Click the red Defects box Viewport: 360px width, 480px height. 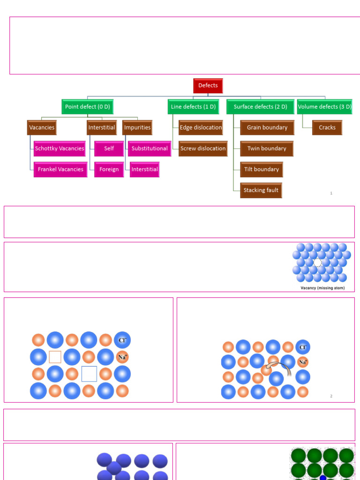click(x=208, y=86)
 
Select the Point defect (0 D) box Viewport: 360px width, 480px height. click(x=87, y=106)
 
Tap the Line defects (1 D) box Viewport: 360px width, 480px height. click(x=193, y=106)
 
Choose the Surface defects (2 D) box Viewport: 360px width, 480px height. click(x=260, y=106)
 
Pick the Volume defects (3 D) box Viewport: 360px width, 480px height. click(x=324, y=106)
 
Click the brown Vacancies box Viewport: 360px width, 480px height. click(x=42, y=127)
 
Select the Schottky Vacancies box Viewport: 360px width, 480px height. click(x=60, y=149)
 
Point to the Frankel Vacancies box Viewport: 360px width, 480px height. click(x=60, y=169)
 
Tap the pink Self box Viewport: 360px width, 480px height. click(x=109, y=149)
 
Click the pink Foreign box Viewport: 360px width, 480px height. click(x=109, y=169)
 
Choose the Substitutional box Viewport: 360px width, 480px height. click(x=150, y=149)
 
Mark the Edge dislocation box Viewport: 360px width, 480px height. click(x=201, y=127)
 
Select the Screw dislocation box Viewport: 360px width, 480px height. click(x=203, y=149)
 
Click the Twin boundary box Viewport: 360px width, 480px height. click(x=267, y=149)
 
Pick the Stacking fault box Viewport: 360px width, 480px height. click(x=261, y=190)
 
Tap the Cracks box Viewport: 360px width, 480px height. click(x=327, y=127)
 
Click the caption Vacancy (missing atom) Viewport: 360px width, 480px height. click(x=322, y=288)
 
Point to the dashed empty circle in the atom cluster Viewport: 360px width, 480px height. click(x=318, y=262)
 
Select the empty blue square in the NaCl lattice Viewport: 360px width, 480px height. click(x=89, y=374)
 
